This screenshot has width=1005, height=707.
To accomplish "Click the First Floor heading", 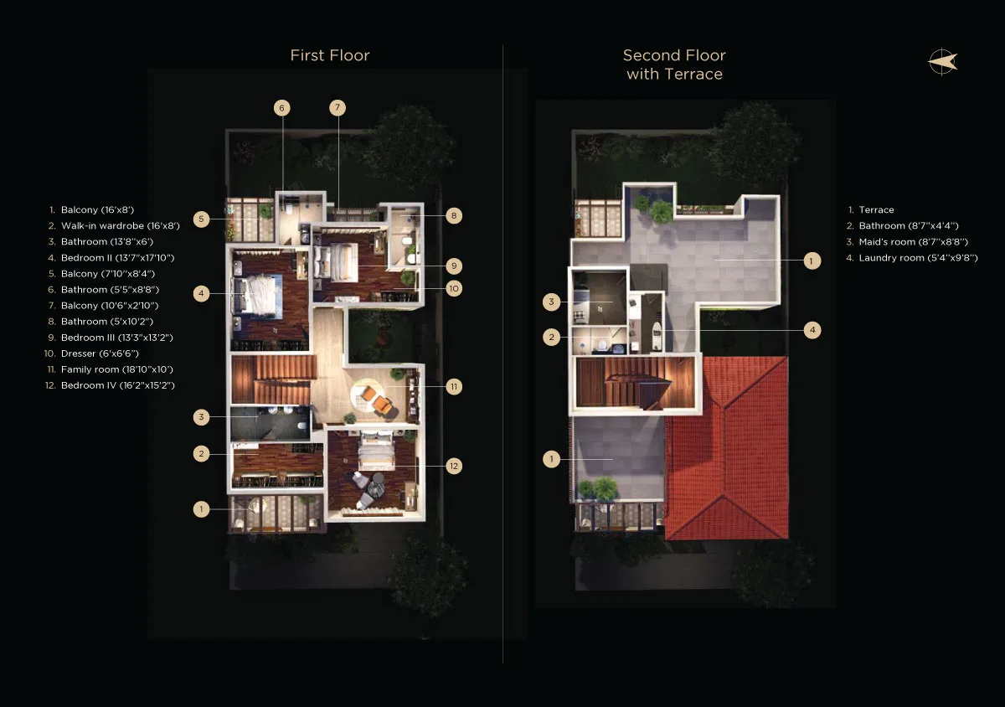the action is click(330, 55).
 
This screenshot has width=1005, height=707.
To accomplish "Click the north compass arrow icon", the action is click(943, 62).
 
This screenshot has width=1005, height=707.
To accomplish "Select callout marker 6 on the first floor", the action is click(281, 108).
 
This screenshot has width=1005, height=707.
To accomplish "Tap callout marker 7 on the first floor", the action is click(338, 108).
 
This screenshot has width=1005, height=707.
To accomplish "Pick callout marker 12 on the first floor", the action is click(454, 466).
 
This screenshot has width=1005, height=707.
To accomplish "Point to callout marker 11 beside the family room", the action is click(454, 386).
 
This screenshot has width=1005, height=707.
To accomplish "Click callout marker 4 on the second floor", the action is click(812, 330).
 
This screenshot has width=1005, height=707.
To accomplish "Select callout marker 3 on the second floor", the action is click(551, 302).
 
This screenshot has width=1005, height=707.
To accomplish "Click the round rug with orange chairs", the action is click(374, 396).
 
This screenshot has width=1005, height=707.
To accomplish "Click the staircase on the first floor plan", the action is click(273, 379).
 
